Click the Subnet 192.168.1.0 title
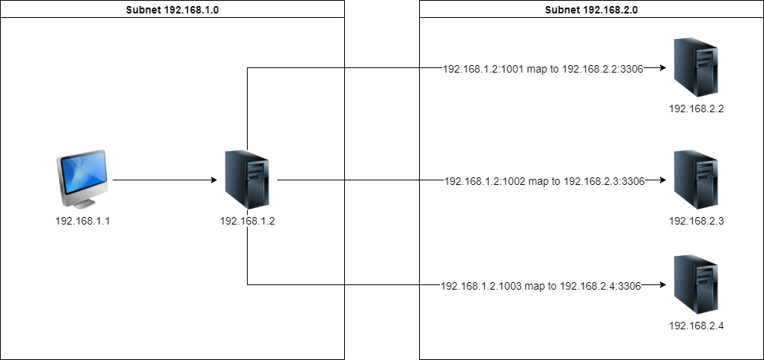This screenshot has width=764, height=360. click(x=172, y=10)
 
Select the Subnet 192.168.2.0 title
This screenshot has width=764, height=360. click(x=591, y=10)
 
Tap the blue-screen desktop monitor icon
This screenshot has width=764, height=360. click(x=82, y=175)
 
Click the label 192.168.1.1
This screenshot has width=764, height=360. click(x=82, y=221)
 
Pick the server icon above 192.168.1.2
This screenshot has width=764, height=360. click(x=247, y=180)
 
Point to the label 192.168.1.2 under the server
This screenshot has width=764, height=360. click(x=247, y=221)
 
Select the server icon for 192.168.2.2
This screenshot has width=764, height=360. click(x=696, y=68)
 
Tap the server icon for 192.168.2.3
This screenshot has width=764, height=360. click(x=696, y=180)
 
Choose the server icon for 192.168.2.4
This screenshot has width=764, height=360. click(x=696, y=285)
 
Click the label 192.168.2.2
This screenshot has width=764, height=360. click(x=696, y=109)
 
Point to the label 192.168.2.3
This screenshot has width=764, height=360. click(x=696, y=221)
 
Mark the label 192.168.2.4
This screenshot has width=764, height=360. click(x=696, y=326)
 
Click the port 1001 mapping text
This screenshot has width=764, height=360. click(x=543, y=68)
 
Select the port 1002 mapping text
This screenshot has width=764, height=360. click(x=544, y=180)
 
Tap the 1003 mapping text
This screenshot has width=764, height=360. click(x=540, y=285)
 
